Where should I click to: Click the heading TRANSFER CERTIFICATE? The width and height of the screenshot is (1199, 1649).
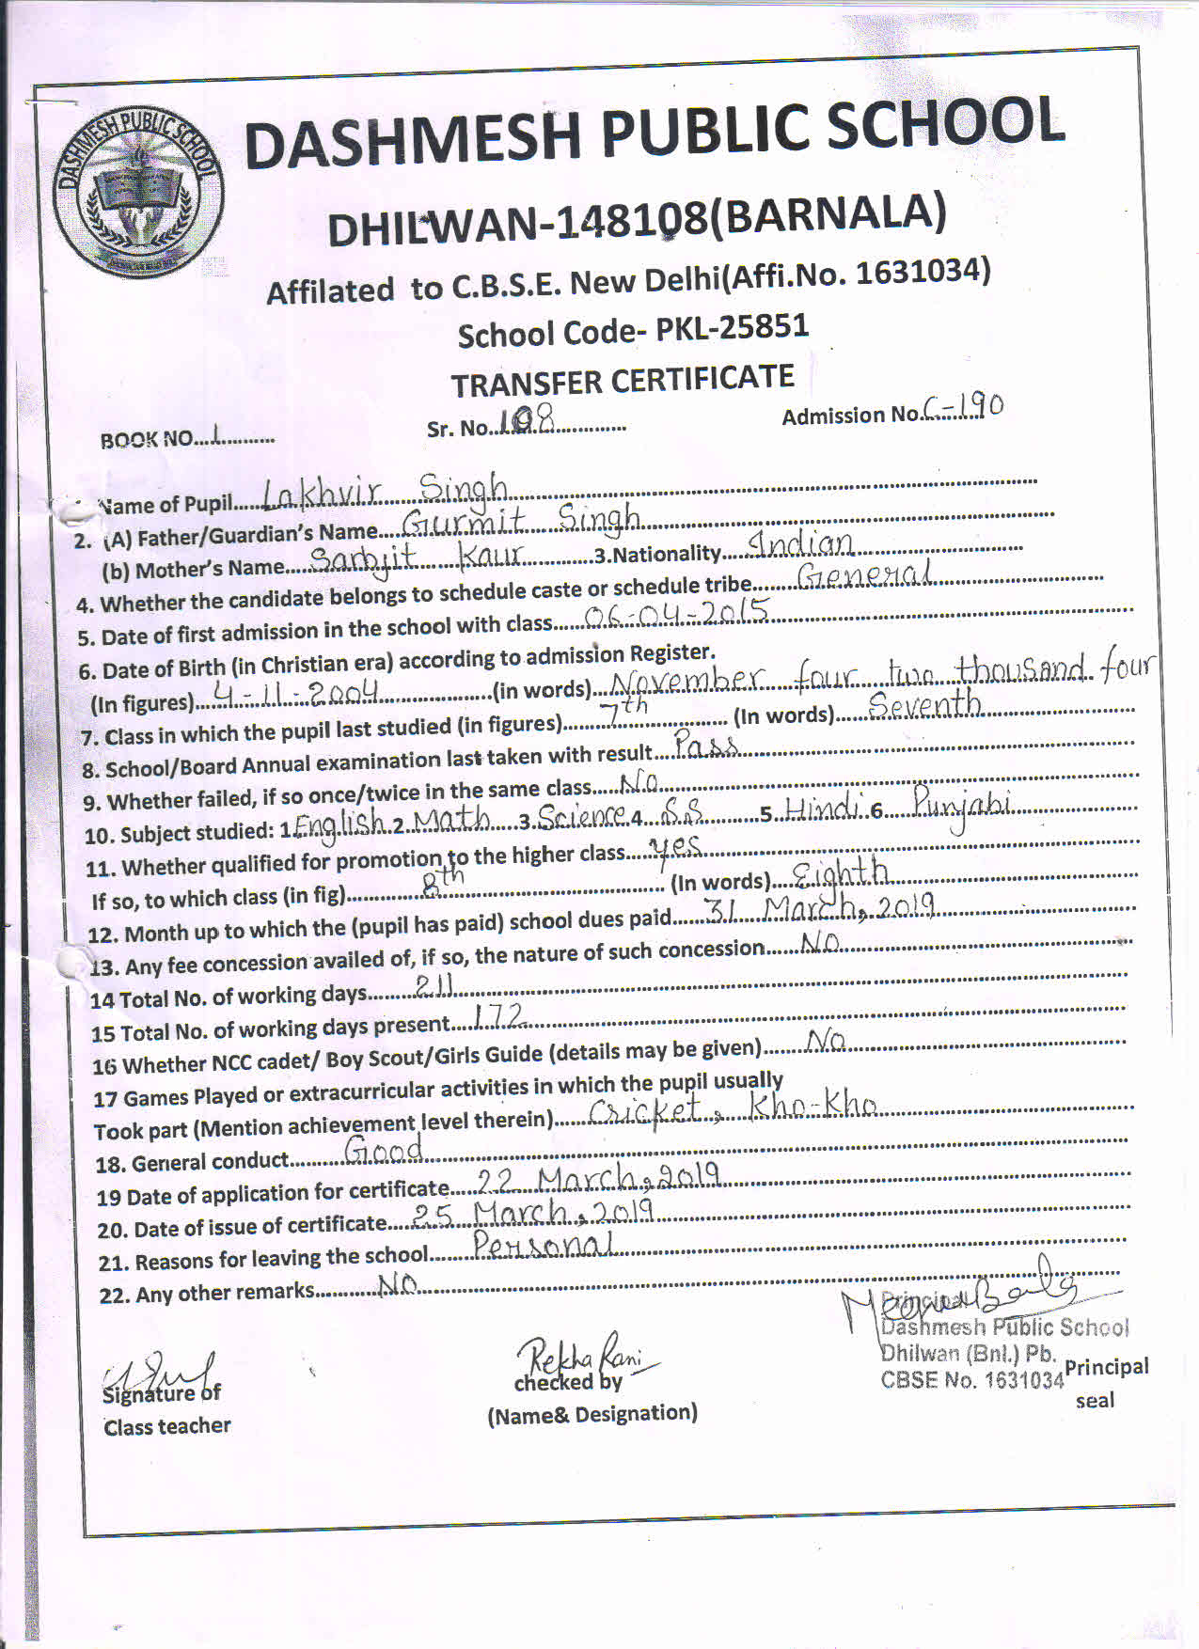click(x=623, y=381)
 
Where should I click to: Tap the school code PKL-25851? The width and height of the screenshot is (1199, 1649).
click(x=732, y=328)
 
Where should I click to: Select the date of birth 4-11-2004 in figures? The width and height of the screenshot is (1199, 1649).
click(x=295, y=694)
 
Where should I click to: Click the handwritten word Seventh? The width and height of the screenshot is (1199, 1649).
click(x=924, y=704)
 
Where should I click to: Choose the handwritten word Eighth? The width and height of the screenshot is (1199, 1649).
click(x=840, y=874)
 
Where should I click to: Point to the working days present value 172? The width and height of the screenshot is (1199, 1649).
click(x=499, y=1016)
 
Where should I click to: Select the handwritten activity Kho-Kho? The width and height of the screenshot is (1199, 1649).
click(x=813, y=1106)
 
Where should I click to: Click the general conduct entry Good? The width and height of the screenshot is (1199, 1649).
click(x=384, y=1149)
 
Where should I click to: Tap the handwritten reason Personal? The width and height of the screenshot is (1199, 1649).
click(x=544, y=1245)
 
